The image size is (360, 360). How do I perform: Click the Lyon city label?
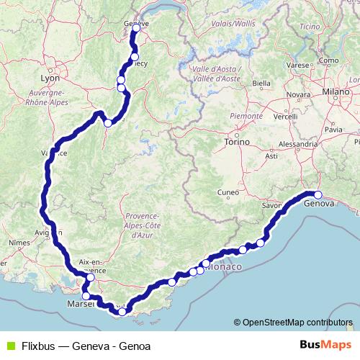click(50, 78)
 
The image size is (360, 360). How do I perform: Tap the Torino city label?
click(236, 143)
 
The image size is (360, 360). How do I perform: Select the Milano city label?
click(335, 92)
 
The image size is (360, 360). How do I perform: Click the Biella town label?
click(262, 84)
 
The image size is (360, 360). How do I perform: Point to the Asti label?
click(271, 156)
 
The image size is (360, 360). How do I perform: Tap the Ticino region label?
click(310, 27)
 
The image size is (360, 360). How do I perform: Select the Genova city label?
click(320, 204)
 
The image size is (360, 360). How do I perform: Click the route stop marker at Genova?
click(318, 194)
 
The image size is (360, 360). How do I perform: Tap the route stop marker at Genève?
click(136, 30)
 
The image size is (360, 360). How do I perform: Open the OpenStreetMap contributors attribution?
click(297, 323)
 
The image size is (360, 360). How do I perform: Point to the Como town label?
click(328, 60)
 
